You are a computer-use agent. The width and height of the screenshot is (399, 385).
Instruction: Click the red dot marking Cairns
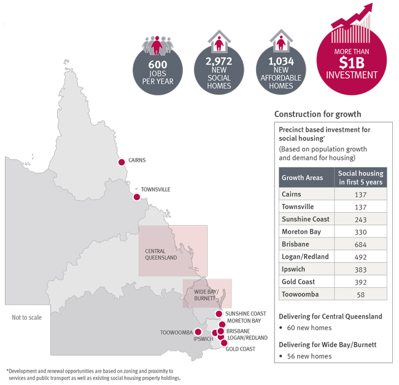(x=121, y=162)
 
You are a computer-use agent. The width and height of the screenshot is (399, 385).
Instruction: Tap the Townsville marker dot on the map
(x=136, y=197)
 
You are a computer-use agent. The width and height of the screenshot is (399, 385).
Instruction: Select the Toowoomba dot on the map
(x=198, y=331)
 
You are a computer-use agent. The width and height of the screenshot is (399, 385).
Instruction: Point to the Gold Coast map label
(x=241, y=349)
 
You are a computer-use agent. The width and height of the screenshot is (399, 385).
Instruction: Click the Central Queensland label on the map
(x=161, y=254)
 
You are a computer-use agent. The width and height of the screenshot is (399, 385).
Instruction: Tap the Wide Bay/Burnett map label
(x=206, y=293)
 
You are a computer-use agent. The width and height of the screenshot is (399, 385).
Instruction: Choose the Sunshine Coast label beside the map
(x=245, y=314)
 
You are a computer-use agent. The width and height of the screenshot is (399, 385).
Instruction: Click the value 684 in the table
(x=361, y=244)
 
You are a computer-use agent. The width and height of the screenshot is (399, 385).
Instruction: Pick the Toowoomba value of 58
(x=361, y=295)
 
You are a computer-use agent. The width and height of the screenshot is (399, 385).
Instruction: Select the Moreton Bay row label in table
(x=302, y=232)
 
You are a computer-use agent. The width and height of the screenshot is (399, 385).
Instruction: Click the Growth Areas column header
(x=302, y=178)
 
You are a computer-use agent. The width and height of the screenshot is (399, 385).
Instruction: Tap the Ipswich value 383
(x=361, y=269)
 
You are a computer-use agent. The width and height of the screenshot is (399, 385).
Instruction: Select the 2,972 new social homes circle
(x=219, y=71)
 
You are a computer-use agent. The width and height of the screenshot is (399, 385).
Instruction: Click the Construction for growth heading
(x=317, y=114)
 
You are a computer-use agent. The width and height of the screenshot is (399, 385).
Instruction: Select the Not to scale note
(x=26, y=317)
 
